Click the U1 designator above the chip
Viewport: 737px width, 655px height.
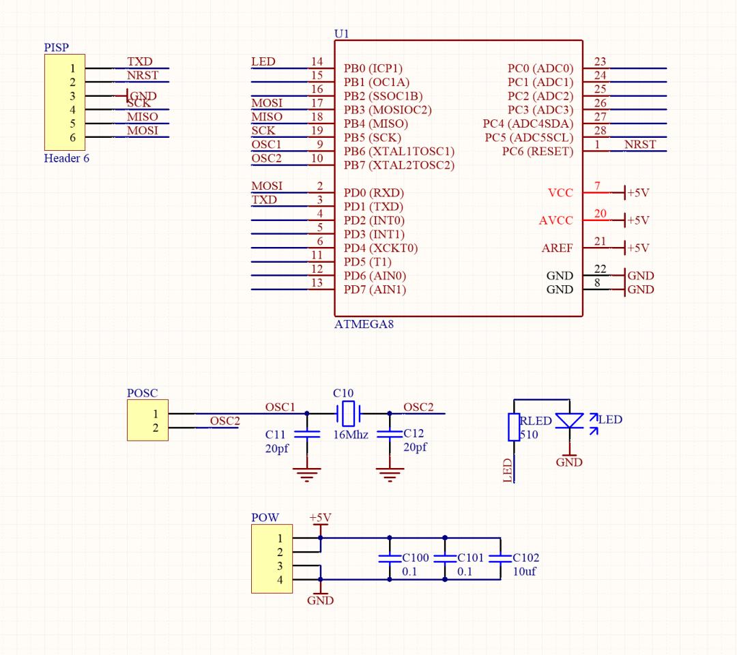[x=341, y=33]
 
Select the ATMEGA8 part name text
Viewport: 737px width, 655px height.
[x=364, y=325]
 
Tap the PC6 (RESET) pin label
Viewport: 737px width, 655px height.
[x=538, y=151]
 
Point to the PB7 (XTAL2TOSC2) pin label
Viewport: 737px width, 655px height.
[x=399, y=165]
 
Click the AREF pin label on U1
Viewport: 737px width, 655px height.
[x=558, y=248]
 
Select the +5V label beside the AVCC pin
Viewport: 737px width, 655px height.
[x=638, y=220]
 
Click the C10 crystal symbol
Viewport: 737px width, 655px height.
[x=348, y=413]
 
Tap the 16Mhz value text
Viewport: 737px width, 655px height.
[x=351, y=435]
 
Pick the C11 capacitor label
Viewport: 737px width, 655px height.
[x=276, y=435]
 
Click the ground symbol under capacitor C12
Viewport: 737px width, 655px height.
[x=390, y=474]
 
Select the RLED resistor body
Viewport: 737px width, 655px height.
[x=515, y=428]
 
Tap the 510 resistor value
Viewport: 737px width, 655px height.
[x=529, y=435]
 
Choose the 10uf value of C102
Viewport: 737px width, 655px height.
[x=525, y=572]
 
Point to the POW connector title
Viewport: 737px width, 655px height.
[x=265, y=518]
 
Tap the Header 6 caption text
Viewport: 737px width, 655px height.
[x=67, y=159]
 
